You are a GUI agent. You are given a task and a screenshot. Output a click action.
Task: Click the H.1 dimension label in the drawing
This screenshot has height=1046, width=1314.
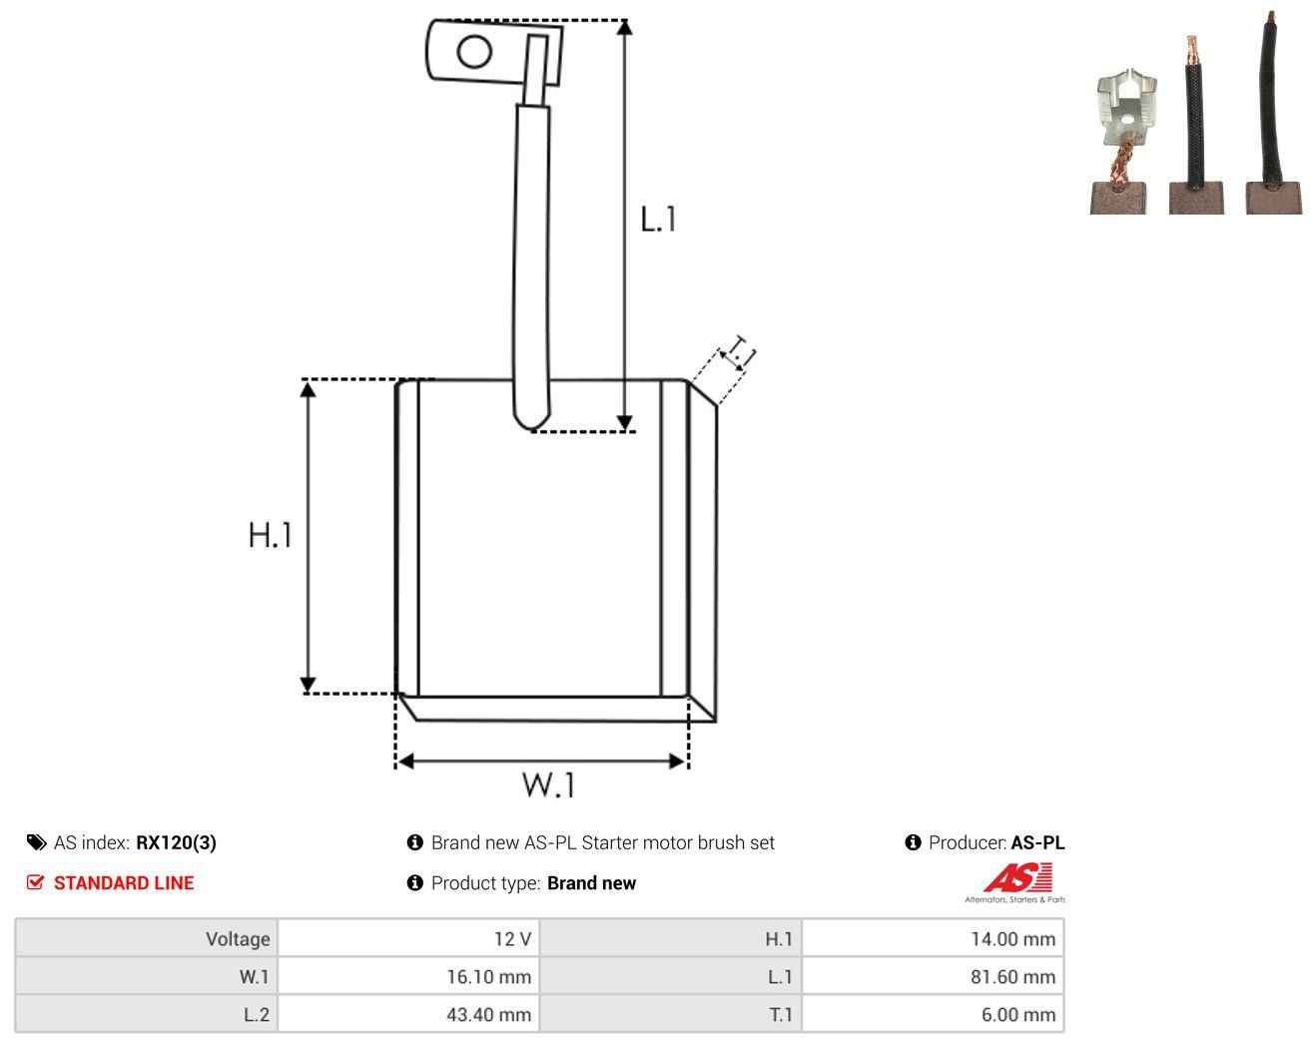pos(270,535)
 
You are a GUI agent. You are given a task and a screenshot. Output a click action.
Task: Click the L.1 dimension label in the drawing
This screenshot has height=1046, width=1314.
pos(658,219)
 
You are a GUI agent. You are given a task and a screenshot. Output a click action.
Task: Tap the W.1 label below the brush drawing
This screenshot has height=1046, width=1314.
pos(548,785)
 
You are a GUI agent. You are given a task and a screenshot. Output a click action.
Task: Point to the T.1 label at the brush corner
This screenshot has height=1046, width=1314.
pos(739,352)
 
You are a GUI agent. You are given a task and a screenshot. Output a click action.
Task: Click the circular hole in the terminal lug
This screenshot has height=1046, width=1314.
pos(474,52)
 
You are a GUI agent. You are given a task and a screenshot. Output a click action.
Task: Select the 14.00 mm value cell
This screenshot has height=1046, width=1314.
pos(933,938)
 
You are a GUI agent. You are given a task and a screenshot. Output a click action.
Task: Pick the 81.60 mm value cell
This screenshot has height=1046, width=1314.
pos(933,976)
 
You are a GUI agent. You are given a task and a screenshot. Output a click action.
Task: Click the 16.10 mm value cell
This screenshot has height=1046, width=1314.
pos(408,976)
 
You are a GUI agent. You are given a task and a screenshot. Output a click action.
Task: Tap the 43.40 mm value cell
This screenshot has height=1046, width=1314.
pos(408,1014)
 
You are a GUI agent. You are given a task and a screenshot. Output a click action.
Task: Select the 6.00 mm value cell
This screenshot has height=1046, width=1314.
pos(933,1014)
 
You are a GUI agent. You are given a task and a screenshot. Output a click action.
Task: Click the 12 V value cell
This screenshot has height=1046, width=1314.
pos(408,938)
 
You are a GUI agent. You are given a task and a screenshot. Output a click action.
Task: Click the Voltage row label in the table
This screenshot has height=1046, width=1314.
pos(238,938)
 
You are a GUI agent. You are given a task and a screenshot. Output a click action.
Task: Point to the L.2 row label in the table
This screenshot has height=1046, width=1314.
pos(257,1014)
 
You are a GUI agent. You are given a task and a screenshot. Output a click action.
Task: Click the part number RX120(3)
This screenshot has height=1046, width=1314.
pos(176,842)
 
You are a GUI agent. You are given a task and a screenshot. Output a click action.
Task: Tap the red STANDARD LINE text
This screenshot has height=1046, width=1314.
pos(124,883)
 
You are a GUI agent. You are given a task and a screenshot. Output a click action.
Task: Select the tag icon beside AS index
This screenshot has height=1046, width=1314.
pos(37,842)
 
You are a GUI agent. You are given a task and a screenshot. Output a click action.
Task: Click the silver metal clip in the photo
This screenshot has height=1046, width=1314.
pos(1126,108)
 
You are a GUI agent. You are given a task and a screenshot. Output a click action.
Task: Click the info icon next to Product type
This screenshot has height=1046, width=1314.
pos(414,883)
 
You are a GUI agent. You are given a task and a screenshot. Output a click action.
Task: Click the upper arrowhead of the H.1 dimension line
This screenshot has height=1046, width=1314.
pos(308,388)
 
